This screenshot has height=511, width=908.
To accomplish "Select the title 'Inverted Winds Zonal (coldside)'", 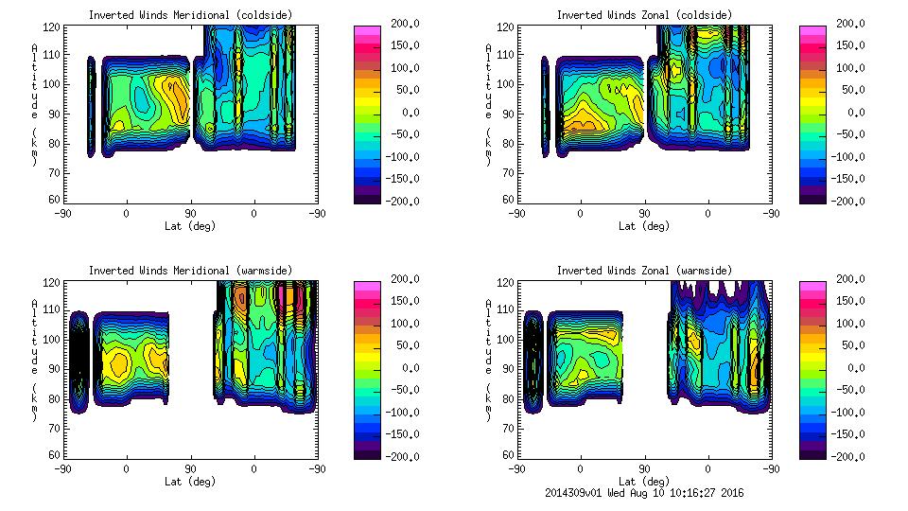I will click(x=644, y=14).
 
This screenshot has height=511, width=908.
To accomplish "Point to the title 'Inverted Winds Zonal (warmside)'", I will click(x=644, y=270).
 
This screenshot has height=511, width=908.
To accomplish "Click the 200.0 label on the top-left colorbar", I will click(x=402, y=24).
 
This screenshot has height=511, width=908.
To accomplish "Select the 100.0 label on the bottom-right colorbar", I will click(x=847, y=324).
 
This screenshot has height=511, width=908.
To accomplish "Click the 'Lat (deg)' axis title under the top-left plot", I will click(x=191, y=226).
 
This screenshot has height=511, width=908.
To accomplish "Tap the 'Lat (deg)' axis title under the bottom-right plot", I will click(x=645, y=481).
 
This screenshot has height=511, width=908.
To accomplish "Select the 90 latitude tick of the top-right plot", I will click(x=645, y=213).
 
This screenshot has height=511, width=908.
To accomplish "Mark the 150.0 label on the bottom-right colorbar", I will click(x=847, y=301).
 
